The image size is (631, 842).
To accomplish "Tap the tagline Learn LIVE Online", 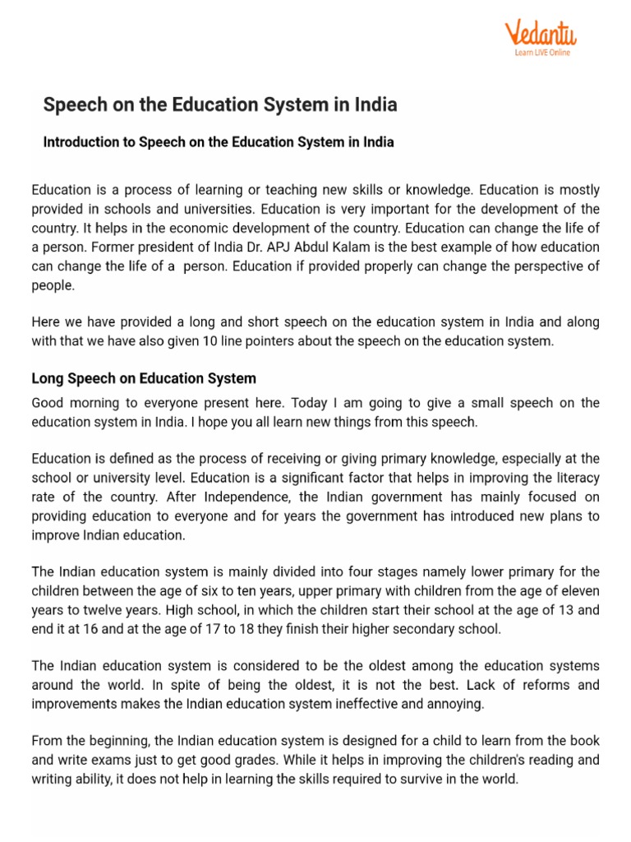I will [x=541, y=53].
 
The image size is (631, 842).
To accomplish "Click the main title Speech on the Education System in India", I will [x=220, y=105].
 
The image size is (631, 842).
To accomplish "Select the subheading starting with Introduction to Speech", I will [x=219, y=142].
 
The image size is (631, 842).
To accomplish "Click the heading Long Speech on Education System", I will [x=144, y=379].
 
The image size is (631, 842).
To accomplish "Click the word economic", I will [x=183, y=228].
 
